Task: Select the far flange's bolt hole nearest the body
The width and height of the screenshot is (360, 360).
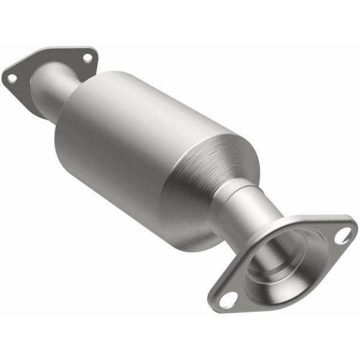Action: [88, 58]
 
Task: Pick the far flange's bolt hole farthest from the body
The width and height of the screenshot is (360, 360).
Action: [10, 77]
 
